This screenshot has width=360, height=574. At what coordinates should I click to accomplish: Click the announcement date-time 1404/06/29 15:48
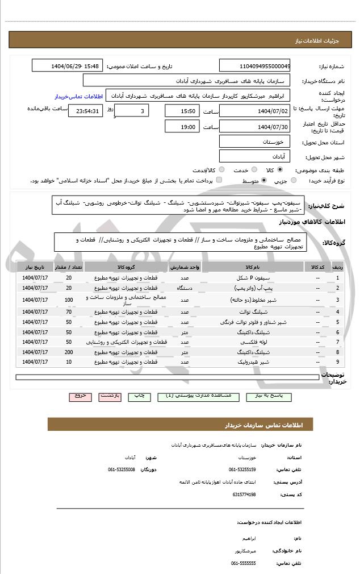coord(68,66)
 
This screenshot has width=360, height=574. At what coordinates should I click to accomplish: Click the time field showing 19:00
coord(182,127)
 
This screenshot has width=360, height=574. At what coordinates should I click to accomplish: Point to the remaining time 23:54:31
coord(86,111)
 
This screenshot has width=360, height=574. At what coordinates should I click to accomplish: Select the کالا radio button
coord(280,169)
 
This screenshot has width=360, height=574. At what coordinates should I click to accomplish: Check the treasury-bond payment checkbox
coord(219,180)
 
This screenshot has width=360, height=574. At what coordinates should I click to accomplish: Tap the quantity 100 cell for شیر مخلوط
coord(69,300)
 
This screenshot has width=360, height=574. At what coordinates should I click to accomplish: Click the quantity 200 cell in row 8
coord(69,352)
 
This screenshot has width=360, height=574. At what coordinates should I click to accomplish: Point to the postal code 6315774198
coord(244,494)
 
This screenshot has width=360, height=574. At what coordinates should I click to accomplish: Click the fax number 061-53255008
coord(121,469)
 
